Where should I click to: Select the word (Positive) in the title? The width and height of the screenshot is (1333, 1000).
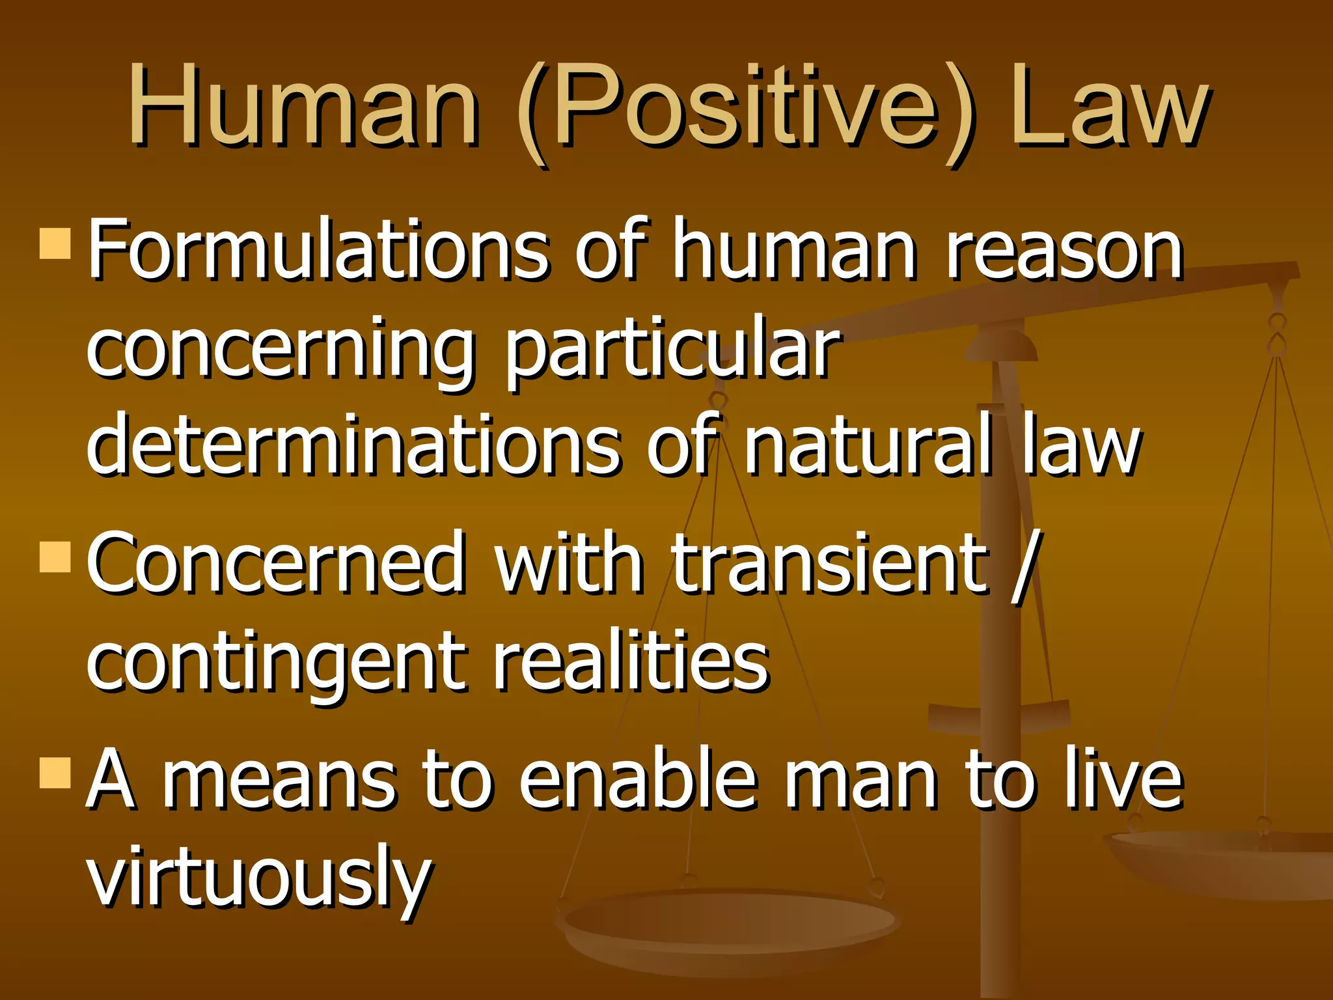point(745,111)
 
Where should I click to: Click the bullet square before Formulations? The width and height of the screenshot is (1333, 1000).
point(55,243)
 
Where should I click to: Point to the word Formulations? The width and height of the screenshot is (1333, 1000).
point(319,251)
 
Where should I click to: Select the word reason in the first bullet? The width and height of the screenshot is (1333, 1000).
point(1064,251)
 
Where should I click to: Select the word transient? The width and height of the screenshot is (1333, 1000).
point(830,563)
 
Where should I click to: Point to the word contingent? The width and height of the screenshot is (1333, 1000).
point(277,664)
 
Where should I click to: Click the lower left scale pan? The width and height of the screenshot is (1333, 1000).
point(729,924)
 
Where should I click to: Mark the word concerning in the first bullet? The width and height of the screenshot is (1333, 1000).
point(280,352)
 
